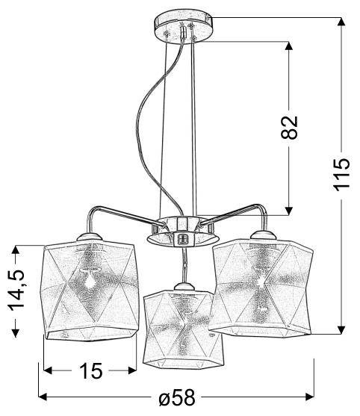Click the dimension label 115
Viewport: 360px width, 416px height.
pos(341,174)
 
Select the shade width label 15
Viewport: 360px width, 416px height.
pos(90,371)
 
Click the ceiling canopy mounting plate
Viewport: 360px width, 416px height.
pos(180,25)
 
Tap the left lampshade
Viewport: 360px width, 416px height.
pos(89,292)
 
